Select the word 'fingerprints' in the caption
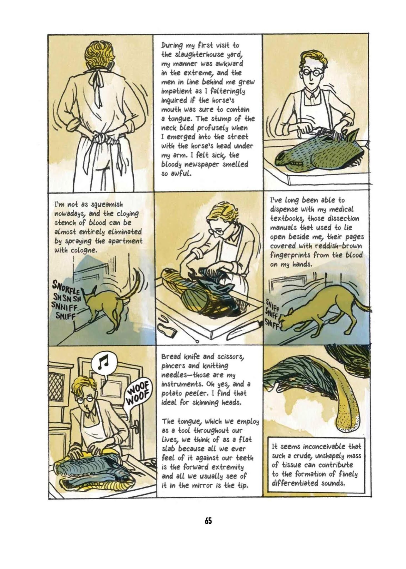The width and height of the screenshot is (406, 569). (x=292, y=255)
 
